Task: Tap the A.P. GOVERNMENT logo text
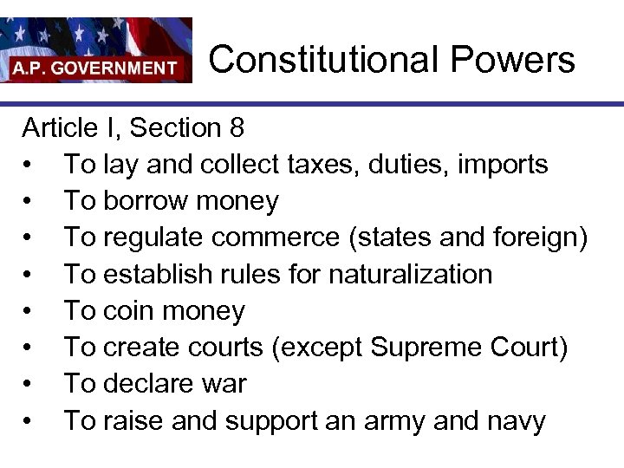[94, 68]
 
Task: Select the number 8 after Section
[237, 128]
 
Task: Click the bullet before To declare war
[29, 384]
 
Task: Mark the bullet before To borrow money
[29, 202]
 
